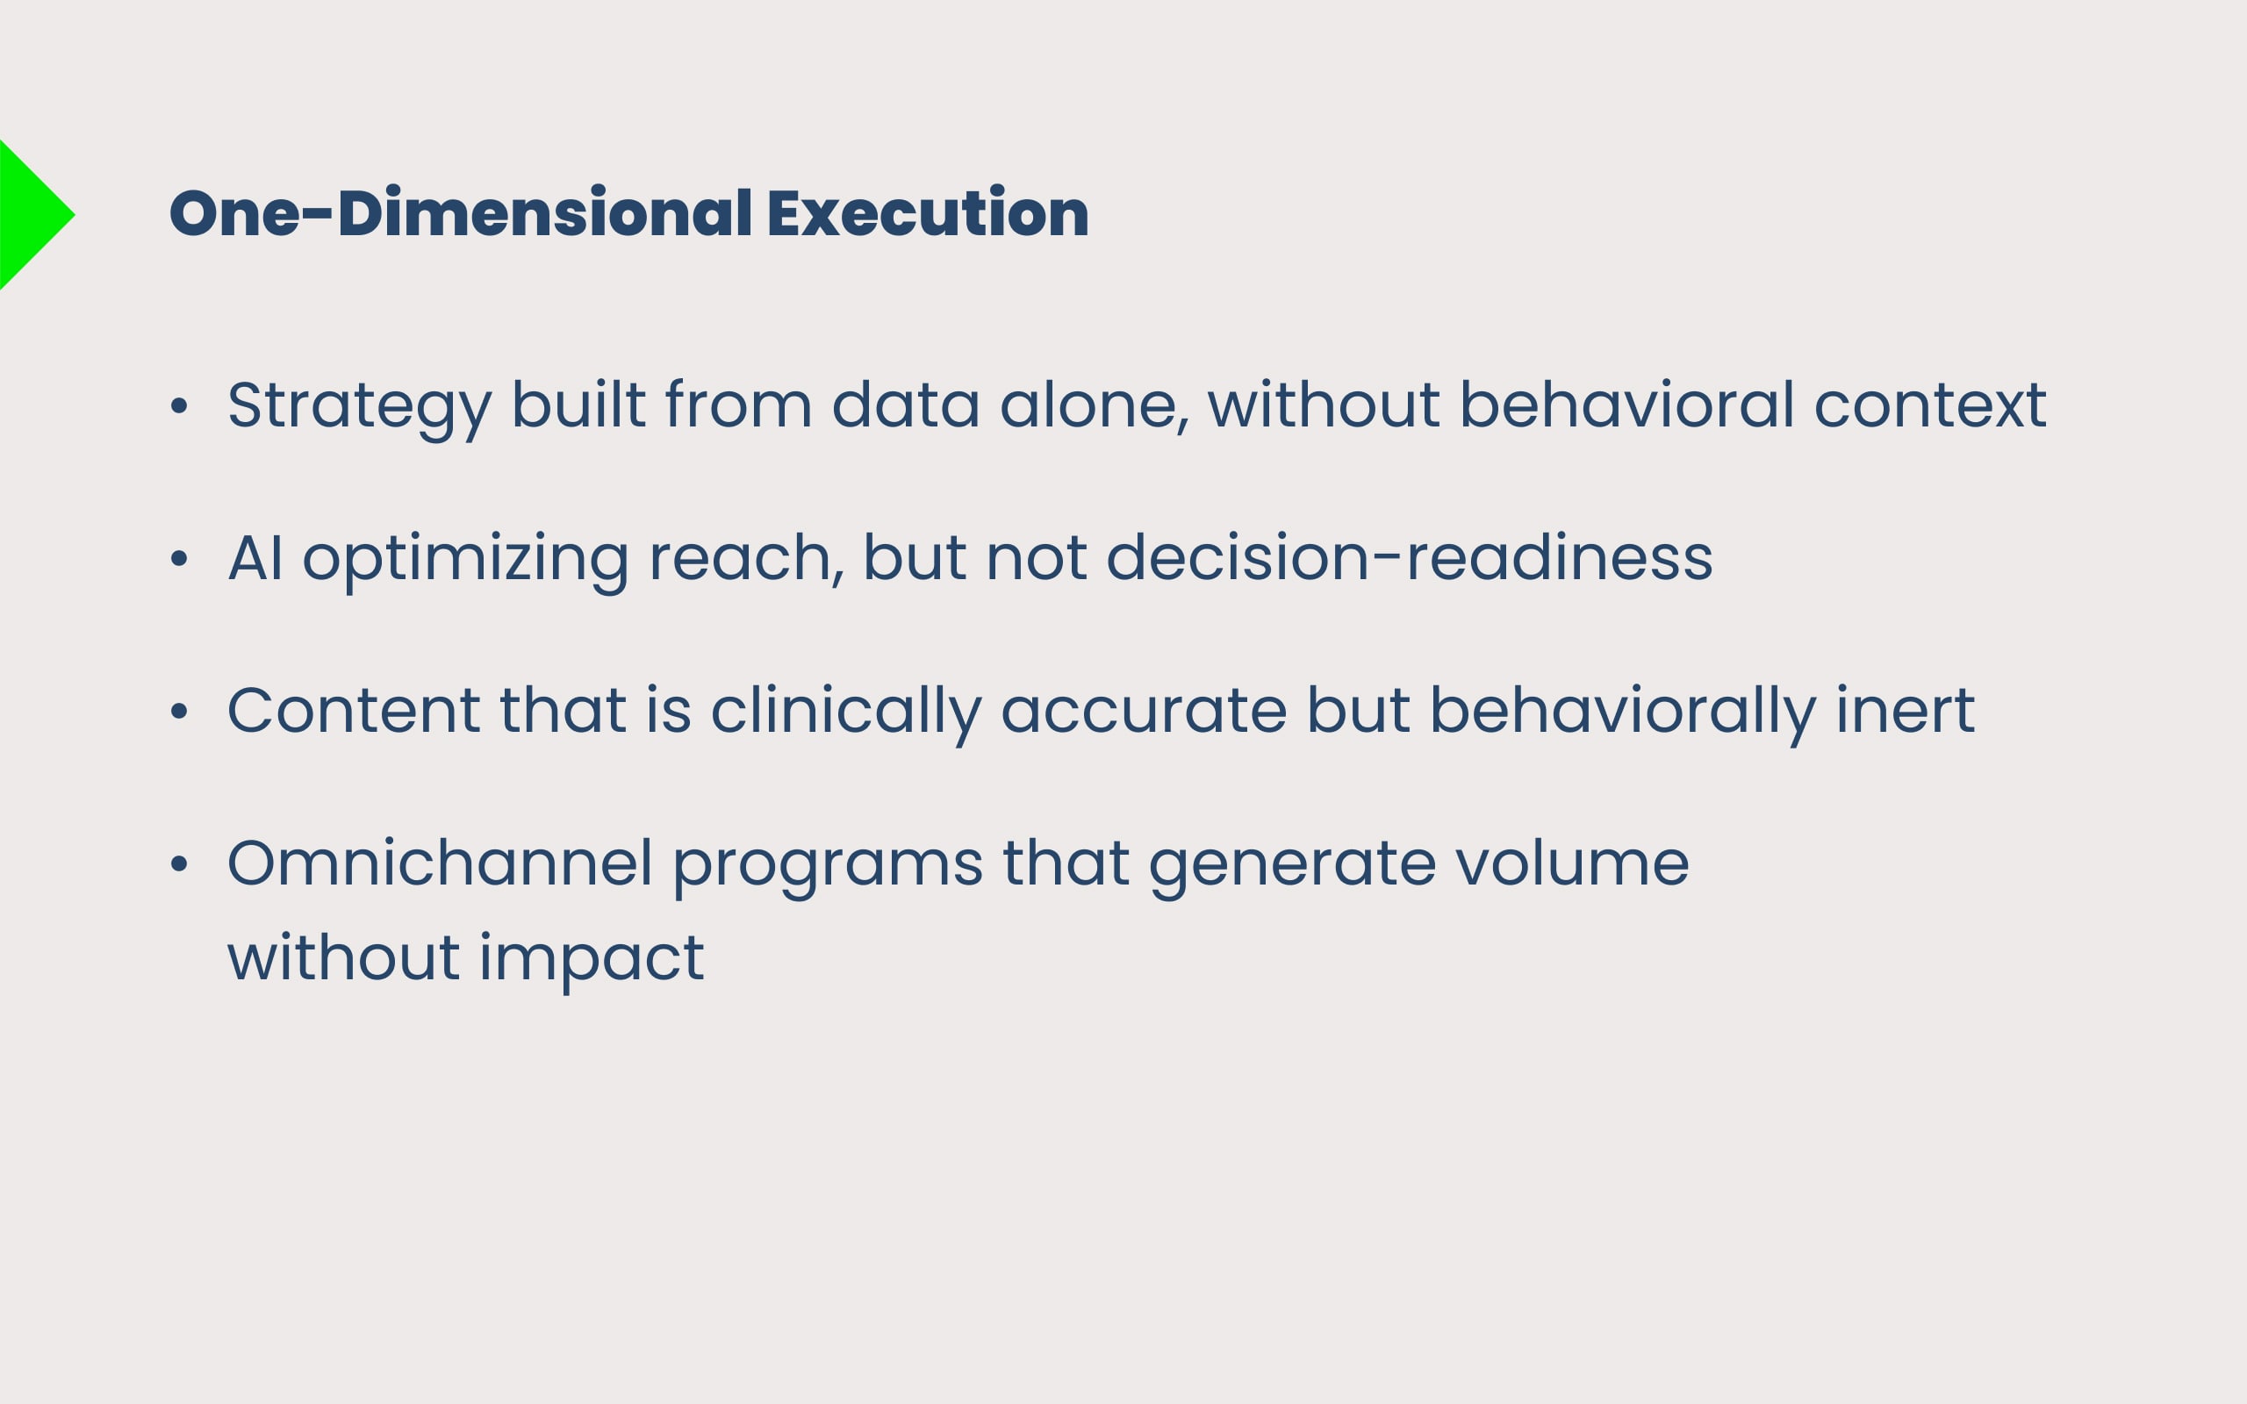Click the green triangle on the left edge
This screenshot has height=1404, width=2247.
click(28, 214)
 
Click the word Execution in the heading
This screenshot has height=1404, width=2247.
click(928, 212)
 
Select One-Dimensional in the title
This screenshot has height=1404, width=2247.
click(461, 212)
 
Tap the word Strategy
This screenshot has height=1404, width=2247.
click(359, 408)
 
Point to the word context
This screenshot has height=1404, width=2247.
click(1929, 405)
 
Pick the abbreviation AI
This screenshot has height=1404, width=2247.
click(255, 558)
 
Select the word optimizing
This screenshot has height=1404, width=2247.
click(465, 561)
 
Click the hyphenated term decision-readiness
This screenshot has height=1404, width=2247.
click(1410, 557)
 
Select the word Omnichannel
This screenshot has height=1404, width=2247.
click(440, 863)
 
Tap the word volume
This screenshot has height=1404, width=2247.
click(1572, 863)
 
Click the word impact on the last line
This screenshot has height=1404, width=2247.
click(592, 959)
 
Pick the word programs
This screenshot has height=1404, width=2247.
click(828, 867)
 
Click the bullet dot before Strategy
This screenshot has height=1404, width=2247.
click(179, 405)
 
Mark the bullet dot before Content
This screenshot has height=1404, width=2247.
click(179, 712)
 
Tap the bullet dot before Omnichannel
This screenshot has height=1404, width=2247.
click(179, 864)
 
